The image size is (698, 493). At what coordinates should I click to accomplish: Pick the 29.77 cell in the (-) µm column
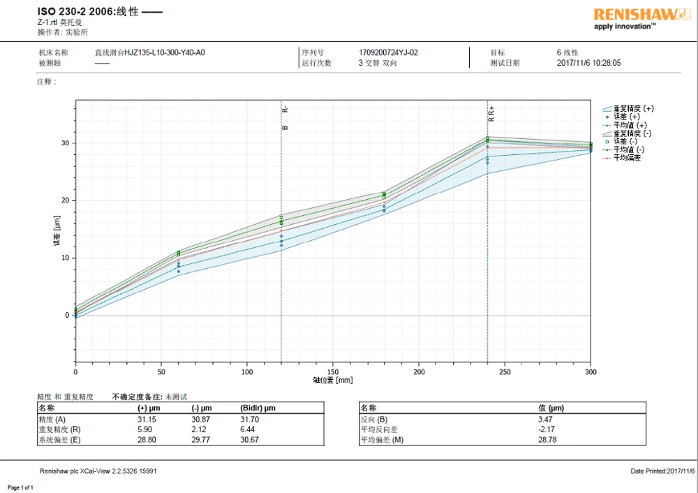pos(201,440)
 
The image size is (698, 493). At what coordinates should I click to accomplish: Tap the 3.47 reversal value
pos(547,419)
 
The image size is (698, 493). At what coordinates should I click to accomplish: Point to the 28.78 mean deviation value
pos(547,440)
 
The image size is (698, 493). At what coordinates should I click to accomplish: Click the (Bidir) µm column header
pos(258,408)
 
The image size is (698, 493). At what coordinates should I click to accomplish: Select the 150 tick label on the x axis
pos(334,372)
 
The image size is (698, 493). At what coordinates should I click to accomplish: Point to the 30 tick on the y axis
pos(66,143)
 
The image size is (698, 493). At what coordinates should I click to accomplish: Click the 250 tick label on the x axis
pos(505,372)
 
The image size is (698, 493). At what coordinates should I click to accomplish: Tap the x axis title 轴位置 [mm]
pos(333,381)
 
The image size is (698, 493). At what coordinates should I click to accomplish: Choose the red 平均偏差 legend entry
pos(627,158)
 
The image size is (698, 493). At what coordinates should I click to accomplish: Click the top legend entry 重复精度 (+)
pos(633,109)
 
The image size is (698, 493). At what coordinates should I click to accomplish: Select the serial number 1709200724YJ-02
pos(388,52)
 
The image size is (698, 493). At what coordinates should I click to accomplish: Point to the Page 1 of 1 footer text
pos(20,487)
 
